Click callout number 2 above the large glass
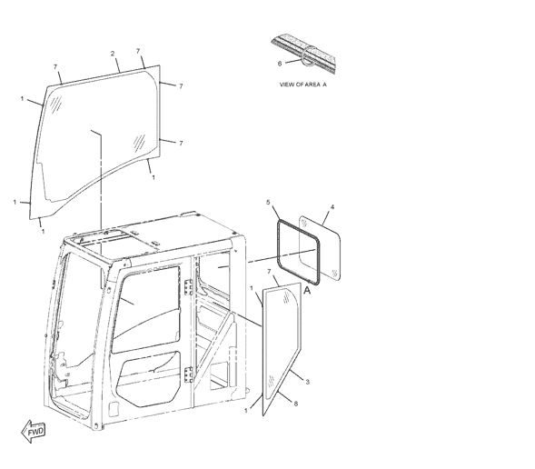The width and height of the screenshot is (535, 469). click(x=113, y=54)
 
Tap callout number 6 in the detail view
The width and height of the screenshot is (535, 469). click(x=280, y=64)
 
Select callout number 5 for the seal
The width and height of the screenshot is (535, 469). click(x=268, y=203)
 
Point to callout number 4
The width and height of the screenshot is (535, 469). click(x=332, y=207)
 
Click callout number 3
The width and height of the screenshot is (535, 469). click(x=307, y=382)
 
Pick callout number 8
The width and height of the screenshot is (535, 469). click(x=296, y=404)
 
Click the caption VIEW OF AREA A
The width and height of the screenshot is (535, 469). click(x=303, y=85)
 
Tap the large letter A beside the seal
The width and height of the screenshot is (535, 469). click(x=307, y=291)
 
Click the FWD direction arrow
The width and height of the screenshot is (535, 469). click(x=33, y=432)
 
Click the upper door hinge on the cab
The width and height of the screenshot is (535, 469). click(x=188, y=287)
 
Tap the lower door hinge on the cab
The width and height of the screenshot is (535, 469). click(x=188, y=374)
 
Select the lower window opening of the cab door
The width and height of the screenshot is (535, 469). click(x=148, y=379)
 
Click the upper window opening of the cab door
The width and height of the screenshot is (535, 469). click(x=147, y=309)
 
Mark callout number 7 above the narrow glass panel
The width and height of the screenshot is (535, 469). click(x=269, y=272)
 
